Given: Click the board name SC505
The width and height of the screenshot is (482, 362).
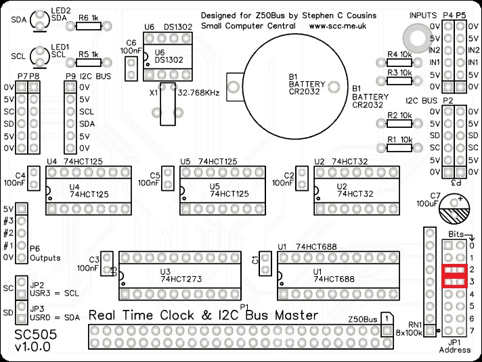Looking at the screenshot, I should click(x=31, y=335).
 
